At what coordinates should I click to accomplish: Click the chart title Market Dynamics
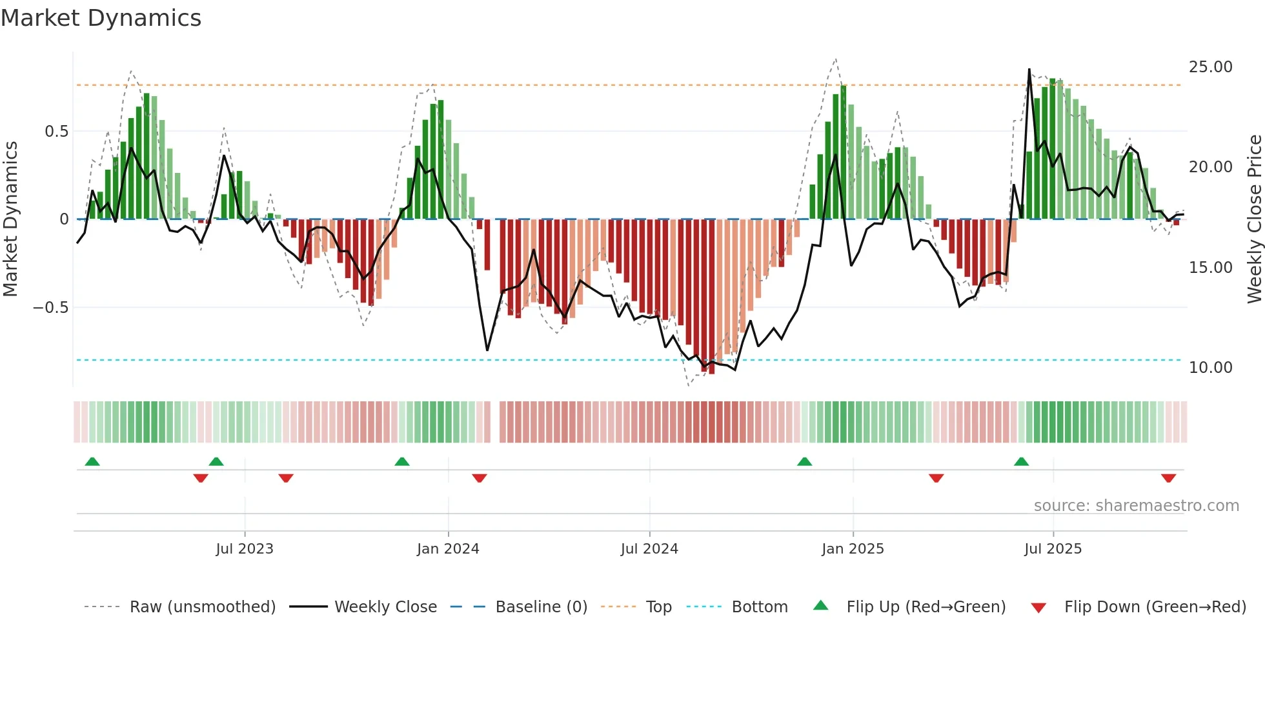(x=101, y=18)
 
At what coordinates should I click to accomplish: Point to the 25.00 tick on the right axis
(x=1210, y=67)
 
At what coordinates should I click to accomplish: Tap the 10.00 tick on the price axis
(x=1210, y=368)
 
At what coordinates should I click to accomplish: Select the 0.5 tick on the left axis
(x=56, y=132)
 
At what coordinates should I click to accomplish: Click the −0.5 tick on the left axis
(x=51, y=308)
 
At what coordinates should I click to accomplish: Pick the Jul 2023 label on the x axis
(x=245, y=549)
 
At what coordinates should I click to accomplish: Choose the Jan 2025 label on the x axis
(x=853, y=549)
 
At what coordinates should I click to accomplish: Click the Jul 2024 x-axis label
(x=649, y=549)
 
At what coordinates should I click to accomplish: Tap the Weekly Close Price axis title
(x=1254, y=219)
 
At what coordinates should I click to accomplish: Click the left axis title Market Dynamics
(x=10, y=219)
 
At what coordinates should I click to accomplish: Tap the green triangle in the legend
(x=820, y=606)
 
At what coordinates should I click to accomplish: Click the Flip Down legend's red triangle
(x=1038, y=608)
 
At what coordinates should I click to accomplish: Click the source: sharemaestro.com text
(x=1136, y=506)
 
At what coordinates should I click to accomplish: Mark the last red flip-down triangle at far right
(x=1168, y=478)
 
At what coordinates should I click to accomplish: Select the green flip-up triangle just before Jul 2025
(x=1021, y=461)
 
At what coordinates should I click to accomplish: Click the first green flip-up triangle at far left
(x=92, y=461)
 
